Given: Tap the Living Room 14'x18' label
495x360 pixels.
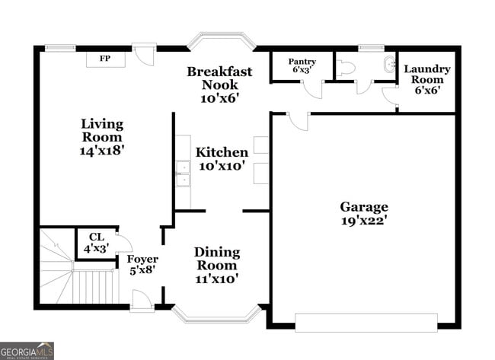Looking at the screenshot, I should click(102, 137).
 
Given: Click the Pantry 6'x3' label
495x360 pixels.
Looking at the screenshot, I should click(302, 66).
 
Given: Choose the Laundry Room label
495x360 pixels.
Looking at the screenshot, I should click(427, 79).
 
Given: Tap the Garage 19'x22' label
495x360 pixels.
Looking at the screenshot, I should click(363, 214).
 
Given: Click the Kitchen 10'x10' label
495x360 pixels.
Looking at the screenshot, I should click(222, 158).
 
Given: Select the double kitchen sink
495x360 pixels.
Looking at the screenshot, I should click(183, 174).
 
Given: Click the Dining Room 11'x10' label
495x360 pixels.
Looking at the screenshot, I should click(217, 265).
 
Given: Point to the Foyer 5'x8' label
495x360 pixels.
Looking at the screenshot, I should click(142, 265).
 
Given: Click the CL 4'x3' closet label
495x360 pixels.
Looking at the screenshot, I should click(96, 243).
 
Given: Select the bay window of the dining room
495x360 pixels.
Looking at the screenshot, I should click(217, 312).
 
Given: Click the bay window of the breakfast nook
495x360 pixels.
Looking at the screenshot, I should click(220, 40).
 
